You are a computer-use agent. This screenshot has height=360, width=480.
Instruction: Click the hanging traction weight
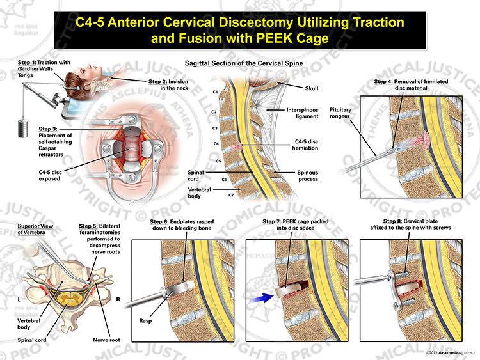pos(23,129)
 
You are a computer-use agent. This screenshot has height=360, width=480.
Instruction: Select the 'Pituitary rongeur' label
pos(340,113)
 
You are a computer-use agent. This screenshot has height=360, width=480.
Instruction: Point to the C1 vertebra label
pos(215,92)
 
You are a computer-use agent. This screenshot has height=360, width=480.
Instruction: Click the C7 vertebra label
pos(231,195)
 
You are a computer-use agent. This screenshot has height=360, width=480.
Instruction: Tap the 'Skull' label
pos(311,88)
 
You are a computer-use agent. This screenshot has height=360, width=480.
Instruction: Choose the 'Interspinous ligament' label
pos(302,113)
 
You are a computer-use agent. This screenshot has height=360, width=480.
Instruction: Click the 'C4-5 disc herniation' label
pos(305,145)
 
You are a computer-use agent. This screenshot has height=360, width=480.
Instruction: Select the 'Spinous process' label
pos(308,176)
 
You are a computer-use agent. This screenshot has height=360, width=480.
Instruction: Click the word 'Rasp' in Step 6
pos(145,321)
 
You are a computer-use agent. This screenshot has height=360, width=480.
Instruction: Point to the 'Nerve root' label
pos(106,340)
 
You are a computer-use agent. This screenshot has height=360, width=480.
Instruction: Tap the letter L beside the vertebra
pos(19,299)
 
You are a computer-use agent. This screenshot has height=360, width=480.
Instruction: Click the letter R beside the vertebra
pos(118,299)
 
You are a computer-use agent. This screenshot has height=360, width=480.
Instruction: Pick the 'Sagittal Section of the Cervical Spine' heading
pos(244,63)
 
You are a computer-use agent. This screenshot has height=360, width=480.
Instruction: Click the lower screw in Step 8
pos(403,304)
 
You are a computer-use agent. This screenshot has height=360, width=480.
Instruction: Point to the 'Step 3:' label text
pos(47,129)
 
